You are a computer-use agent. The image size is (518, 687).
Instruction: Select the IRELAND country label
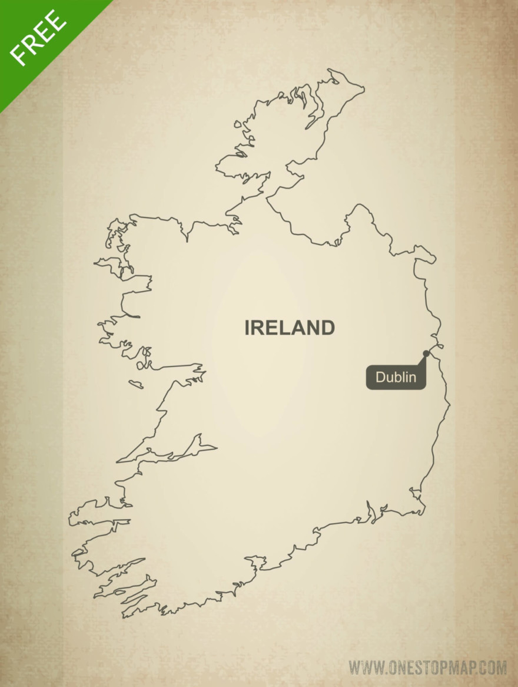(290, 328)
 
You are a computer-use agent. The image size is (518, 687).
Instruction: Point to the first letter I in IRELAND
(248, 328)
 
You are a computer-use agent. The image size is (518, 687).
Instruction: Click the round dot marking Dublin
(426, 354)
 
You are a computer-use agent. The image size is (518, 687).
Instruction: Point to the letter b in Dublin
(399, 377)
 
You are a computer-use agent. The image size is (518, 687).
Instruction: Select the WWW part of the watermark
(368, 668)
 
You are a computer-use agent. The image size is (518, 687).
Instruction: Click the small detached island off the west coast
(136, 384)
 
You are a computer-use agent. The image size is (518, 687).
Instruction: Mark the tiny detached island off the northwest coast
(237, 124)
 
